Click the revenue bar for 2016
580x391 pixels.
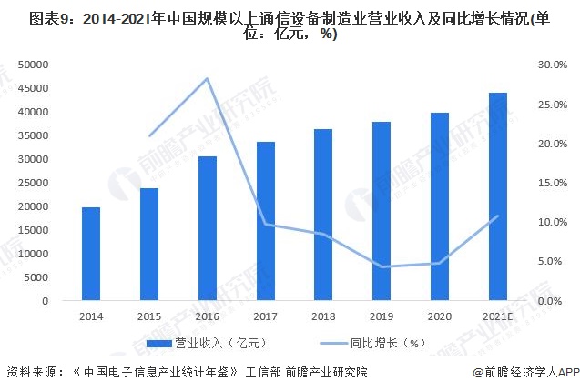[x=208, y=228]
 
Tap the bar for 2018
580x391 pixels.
[x=323, y=215]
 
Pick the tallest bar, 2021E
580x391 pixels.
[x=497, y=196]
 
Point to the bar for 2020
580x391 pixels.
[x=440, y=206]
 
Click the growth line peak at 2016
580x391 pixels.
[x=208, y=78]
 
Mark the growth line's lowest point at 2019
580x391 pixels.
[x=382, y=266]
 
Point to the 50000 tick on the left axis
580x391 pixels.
[x=34, y=65]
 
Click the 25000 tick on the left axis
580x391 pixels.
[x=34, y=183]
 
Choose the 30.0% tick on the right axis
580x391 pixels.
[x=552, y=65]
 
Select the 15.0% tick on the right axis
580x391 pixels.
[x=552, y=183]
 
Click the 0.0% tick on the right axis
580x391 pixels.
[x=552, y=301]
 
